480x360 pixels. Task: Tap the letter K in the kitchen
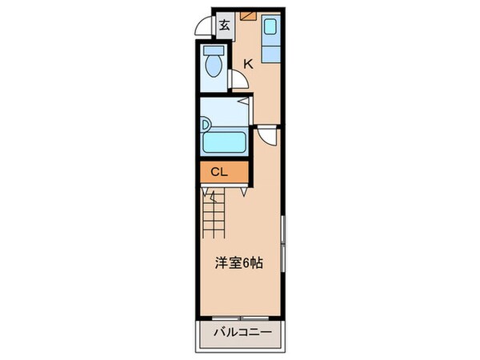click(248, 65)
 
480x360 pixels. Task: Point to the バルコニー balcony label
click(242, 332)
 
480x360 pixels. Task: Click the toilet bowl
click(213, 66)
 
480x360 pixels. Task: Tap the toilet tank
click(212, 49)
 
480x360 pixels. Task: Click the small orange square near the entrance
click(247, 14)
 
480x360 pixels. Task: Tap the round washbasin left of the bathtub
click(206, 124)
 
